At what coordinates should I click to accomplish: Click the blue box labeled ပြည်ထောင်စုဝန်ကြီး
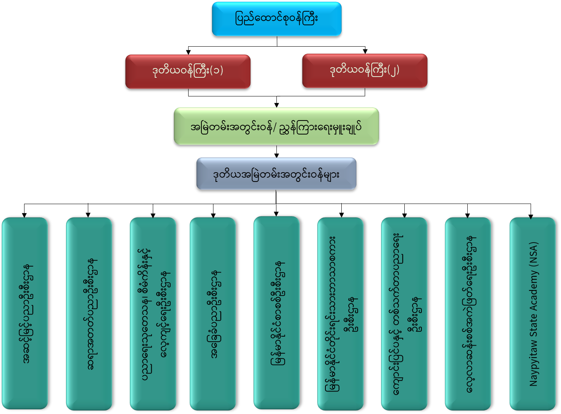[276, 19]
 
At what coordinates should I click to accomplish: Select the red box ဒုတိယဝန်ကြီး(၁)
[188, 72]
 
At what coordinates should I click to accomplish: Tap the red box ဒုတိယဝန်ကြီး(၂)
[365, 71]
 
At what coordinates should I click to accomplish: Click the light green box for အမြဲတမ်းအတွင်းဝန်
[276, 126]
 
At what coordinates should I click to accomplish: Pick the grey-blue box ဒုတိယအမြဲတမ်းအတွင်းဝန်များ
[276, 174]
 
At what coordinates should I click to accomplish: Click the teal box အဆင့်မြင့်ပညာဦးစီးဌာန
[25, 313]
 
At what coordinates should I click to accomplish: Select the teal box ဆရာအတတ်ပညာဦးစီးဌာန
[89, 313]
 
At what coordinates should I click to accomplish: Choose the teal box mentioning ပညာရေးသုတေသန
[153, 313]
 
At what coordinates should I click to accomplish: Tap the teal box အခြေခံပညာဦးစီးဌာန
[213, 313]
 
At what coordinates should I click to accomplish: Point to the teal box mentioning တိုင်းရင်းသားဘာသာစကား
[340, 313]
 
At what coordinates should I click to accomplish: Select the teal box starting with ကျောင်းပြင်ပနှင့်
[404, 313]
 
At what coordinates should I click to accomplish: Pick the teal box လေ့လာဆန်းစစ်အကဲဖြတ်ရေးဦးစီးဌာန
[468, 313]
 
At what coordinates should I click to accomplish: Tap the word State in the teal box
[533, 325]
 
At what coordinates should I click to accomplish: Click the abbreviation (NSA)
[533, 254]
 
